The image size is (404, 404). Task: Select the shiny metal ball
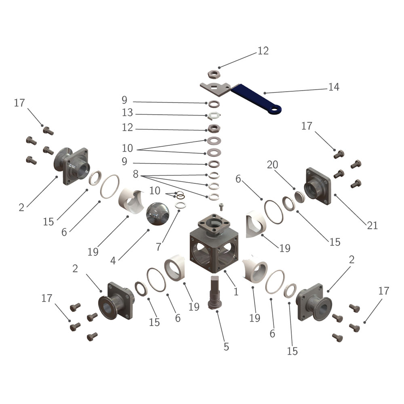click(x=158, y=214)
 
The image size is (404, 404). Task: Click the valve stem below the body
click(x=215, y=292)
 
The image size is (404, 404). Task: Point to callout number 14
click(x=334, y=87)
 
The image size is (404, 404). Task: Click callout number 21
click(x=372, y=225)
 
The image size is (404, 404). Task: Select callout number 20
click(x=272, y=165)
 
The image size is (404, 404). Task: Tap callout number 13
click(x=127, y=113)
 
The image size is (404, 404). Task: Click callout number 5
click(x=226, y=347)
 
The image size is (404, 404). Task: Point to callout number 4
click(x=113, y=261)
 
